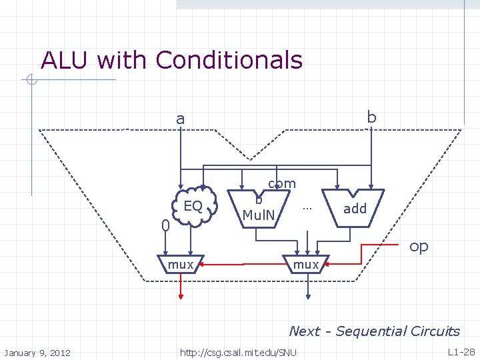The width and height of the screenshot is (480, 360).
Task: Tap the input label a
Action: [180, 119]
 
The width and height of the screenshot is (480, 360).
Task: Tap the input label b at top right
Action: [371, 117]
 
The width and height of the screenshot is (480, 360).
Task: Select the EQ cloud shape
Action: [193, 206]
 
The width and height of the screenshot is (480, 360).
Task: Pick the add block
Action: [355, 209]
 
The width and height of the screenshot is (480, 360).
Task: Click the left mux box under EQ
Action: [180, 265]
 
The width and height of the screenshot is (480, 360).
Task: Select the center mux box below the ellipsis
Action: [306, 265]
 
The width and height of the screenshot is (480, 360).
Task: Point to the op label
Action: [419, 246]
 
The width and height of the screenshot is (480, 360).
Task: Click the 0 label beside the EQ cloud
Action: [166, 227]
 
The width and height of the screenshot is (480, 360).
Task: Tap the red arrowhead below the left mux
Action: [180, 293]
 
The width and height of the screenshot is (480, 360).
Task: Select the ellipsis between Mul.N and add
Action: [307, 207]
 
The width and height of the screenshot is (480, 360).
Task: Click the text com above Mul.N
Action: [282, 183]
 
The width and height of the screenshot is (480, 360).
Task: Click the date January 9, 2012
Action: [38, 352]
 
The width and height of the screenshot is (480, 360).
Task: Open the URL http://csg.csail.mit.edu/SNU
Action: [238, 352]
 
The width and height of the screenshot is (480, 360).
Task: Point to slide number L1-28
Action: [461, 351]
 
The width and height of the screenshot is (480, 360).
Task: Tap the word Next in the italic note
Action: [304, 331]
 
